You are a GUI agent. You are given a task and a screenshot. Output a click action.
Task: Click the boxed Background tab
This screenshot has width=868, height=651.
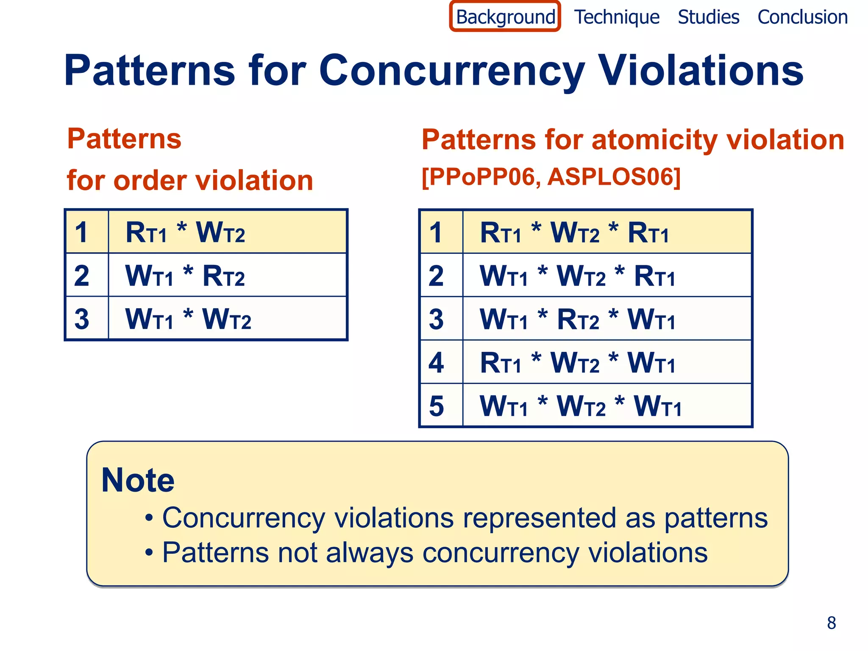point(505,17)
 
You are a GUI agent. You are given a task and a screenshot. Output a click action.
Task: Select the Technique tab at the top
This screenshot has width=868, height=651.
point(617,17)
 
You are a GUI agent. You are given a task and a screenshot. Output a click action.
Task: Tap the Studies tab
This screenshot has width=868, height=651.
point(708,17)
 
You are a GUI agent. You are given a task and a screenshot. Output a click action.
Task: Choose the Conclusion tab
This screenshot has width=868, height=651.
point(802,17)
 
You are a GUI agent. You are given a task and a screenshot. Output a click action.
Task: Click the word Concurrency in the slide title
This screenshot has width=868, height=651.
point(452,71)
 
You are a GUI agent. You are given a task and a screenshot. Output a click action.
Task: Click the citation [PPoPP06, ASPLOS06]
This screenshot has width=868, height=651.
point(551,177)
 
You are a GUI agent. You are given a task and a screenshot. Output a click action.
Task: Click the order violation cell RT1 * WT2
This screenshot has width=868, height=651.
point(185,233)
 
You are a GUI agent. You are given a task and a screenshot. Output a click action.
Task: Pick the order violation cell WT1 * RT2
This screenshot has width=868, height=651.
point(185,276)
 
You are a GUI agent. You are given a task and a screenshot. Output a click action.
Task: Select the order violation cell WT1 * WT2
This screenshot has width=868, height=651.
point(188,319)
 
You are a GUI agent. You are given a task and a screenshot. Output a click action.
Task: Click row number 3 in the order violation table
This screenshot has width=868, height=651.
point(82,319)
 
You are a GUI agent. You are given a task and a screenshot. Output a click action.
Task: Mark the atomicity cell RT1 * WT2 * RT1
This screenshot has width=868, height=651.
point(574,233)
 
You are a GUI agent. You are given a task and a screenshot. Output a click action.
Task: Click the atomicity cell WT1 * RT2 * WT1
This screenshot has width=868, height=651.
point(577,319)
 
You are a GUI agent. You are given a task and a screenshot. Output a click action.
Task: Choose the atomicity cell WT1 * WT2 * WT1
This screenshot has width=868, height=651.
point(580,406)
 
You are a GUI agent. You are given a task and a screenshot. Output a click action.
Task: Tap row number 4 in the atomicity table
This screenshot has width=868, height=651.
point(436,363)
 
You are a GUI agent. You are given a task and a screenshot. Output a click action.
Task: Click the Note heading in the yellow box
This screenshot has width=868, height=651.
point(138,480)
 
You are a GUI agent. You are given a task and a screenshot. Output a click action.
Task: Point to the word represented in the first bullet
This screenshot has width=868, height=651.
point(539,518)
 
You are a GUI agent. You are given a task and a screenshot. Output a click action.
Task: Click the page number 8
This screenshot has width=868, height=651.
point(831,623)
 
